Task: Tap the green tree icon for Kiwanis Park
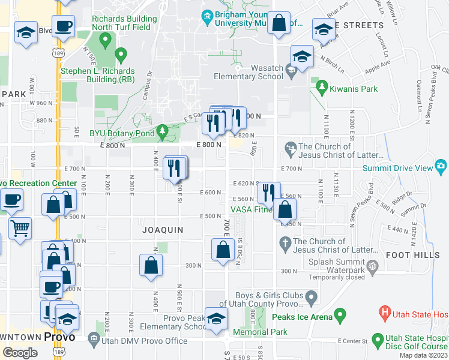322,88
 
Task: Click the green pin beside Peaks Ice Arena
340,314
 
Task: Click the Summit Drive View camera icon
442,165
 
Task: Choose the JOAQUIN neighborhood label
163,230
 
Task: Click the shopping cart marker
20,228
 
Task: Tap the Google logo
20,352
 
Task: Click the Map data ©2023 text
423,355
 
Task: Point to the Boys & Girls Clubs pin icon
311,296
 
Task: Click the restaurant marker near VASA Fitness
268,193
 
